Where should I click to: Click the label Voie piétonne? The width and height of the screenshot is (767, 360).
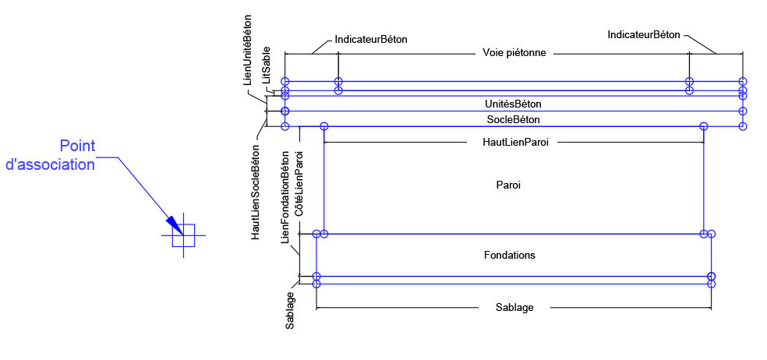514,53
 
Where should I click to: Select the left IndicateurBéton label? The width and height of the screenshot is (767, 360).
371,39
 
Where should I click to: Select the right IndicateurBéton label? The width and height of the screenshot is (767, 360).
644,35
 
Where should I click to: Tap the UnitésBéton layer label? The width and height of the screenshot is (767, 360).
513,104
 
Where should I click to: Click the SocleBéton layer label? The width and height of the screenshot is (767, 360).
513,119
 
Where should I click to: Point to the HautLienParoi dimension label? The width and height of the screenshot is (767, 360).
514,143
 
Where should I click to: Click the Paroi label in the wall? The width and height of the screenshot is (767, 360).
508,185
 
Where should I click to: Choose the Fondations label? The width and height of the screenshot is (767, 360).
509,255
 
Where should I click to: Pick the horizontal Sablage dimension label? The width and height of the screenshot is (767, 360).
514,307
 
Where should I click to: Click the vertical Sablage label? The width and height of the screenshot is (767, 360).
290,309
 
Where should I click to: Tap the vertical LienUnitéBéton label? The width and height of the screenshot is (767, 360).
248,50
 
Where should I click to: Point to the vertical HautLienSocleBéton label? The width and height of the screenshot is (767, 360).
255,192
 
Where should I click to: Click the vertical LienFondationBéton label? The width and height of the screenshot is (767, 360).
285,196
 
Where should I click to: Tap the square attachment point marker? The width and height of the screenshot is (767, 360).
183,235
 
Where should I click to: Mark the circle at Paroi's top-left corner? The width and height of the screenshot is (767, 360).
324,126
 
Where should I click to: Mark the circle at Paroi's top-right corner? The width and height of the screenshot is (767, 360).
704,126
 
